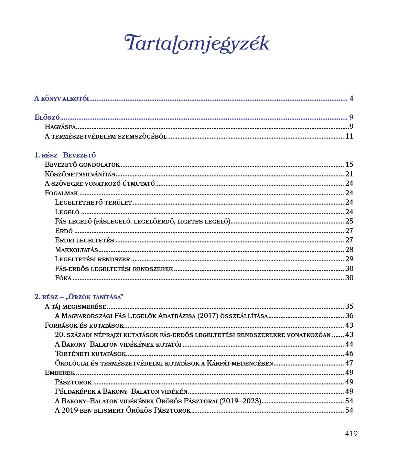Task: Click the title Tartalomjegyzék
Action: click(197, 44)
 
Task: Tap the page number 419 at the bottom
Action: click(351, 434)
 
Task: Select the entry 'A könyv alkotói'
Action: click(62, 99)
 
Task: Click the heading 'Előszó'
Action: click(47, 117)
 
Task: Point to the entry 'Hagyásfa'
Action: click(60, 127)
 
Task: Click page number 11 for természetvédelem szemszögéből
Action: click(349, 136)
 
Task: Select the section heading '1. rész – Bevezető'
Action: click(65, 155)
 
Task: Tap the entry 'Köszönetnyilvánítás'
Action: click(80, 174)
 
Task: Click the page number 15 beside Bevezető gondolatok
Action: click(349, 164)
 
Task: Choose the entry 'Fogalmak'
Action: click(62, 193)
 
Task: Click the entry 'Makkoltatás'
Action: click(76, 250)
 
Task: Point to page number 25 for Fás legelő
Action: click(349, 221)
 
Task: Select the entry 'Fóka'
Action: click(63, 278)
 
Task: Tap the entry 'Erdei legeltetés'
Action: click(84, 240)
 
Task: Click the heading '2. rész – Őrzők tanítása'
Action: click(79, 297)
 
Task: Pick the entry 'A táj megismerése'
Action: click(75, 306)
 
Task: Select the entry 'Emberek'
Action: click(60, 372)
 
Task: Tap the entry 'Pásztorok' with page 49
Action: click(73, 382)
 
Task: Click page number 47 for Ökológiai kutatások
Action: click(349, 363)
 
